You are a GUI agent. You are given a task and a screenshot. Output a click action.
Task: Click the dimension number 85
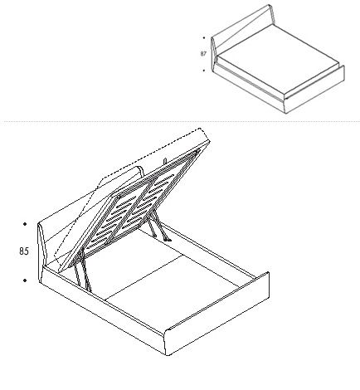pos(24,251)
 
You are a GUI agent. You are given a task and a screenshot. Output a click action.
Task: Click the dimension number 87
pos(203,54)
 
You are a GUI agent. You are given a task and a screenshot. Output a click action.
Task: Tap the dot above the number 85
pos(25,224)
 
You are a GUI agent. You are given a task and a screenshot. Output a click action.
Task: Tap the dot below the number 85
pos(25,280)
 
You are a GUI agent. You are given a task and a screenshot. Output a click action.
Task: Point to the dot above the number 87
pos(204,38)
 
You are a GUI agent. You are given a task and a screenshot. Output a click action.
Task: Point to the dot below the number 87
pos(204,71)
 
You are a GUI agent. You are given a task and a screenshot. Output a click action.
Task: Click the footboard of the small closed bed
pos(315,90)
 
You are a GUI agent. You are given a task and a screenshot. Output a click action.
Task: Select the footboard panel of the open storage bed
pos(217,314)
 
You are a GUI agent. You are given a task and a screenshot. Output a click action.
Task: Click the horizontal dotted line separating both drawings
pos(180,121)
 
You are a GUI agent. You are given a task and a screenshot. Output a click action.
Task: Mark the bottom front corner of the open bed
pos(168,355)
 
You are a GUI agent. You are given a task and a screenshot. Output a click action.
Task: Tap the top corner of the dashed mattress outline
pos(201,129)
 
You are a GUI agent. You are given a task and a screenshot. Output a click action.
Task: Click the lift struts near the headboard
pos(82,270)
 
